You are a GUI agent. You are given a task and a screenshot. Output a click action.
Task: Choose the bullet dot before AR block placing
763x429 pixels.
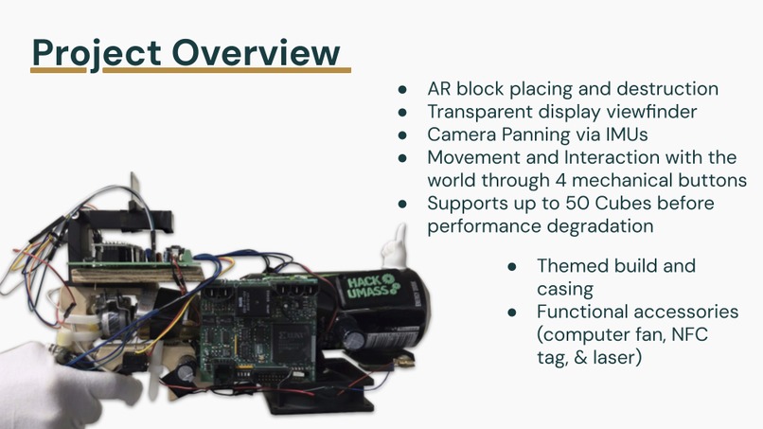click(402, 89)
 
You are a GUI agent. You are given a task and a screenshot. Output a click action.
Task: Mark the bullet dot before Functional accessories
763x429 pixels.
click(512, 312)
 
